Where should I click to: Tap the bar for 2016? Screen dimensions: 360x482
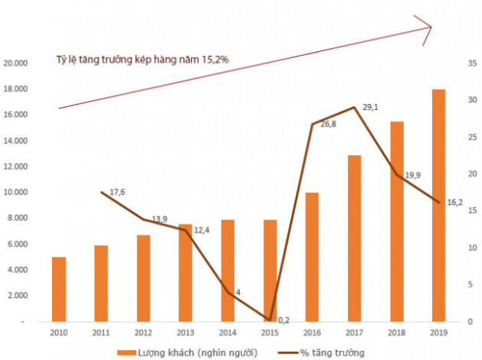coord(311,257)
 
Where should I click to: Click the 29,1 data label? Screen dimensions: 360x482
coord(370,109)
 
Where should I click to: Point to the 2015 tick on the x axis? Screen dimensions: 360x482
coord(269,333)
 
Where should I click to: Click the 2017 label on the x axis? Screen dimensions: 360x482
coord(353,333)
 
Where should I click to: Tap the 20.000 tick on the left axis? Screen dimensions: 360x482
coord(16,63)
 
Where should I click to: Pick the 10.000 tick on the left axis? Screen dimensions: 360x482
coord(16,192)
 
